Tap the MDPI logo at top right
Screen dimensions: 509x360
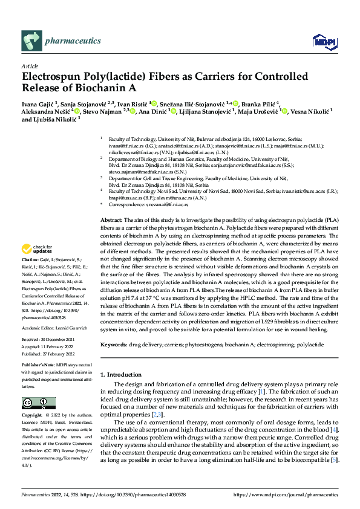(x=323, y=41)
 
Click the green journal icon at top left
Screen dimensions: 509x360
(x=31, y=41)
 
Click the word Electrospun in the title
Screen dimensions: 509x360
(x=52, y=77)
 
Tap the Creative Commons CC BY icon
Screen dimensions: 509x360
(x=38, y=403)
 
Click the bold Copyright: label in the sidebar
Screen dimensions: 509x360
(x=33, y=416)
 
